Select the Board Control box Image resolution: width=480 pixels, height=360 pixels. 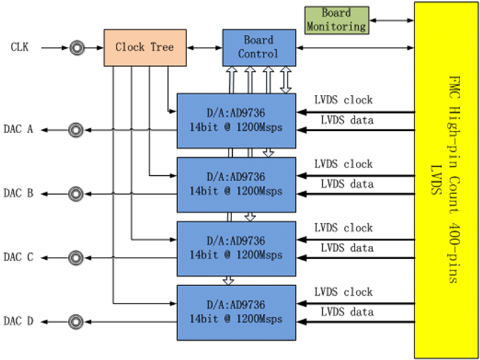(258, 47)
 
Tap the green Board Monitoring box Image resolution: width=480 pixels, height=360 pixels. (336, 20)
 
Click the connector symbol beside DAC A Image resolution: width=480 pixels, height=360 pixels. (76, 129)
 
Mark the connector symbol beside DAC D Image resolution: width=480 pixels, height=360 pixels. (76, 321)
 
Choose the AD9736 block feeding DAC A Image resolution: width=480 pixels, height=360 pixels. (236, 121)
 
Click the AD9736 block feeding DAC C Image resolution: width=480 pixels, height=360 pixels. (236, 248)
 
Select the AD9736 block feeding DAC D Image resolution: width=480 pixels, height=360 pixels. (236, 312)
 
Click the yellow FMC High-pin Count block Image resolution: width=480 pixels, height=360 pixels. (446, 180)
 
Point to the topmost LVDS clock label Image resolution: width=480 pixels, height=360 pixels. (343, 100)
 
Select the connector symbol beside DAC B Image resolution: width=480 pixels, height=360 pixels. (76, 193)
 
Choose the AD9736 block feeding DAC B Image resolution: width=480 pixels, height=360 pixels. (236, 184)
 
